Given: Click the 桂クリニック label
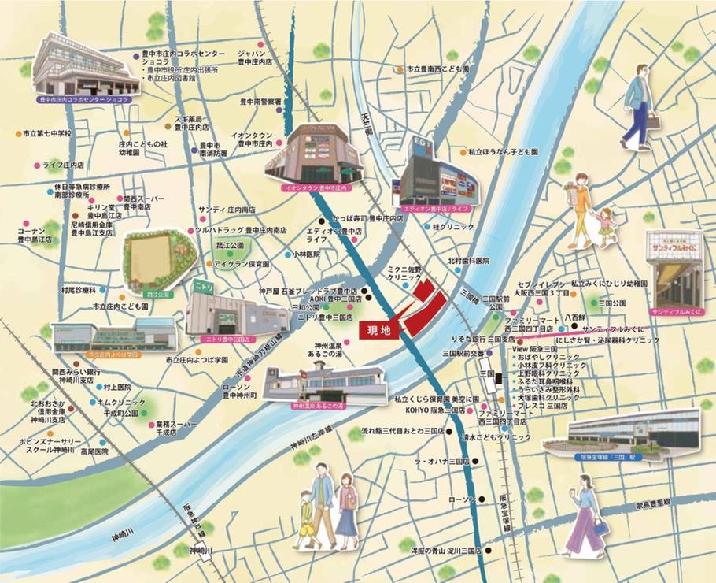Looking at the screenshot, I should [451, 226].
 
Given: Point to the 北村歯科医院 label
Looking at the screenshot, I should [469, 260].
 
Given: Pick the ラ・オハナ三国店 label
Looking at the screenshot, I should [441, 462].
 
